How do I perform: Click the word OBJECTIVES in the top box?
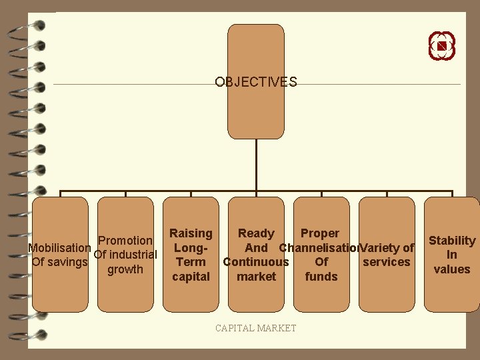coord(255,82)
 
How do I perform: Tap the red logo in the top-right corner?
coord(441,46)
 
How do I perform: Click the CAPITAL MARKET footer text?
coord(255,328)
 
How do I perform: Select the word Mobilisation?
coord(60,248)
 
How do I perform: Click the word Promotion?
coord(125,240)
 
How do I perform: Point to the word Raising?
coord(191,233)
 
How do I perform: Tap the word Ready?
coord(256,233)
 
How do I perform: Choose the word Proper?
coord(320,233)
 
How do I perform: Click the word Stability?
coord(452,241)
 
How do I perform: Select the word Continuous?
coord(256,262)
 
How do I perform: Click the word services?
coord(387,262)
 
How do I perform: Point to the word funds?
coord(321,277)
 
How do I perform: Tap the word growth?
coord(125,269)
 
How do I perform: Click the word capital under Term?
coord(191,277)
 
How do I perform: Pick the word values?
coord(452,269)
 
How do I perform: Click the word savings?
coord(67,262)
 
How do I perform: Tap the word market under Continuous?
coord(256,277)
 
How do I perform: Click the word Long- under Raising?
coord(191,248)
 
